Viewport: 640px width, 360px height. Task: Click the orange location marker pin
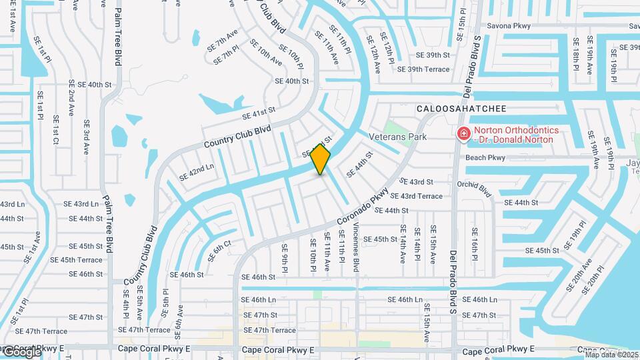click(320, 159)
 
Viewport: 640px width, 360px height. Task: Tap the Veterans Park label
click(397, 136)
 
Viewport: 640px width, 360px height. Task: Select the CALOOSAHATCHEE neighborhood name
click(462, 108)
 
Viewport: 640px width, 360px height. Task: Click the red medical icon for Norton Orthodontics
click(463, 135)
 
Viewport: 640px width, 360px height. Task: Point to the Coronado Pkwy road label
click(363, 207)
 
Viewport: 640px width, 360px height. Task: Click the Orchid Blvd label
click(474, 190)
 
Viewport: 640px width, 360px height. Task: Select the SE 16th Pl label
click(474, 244)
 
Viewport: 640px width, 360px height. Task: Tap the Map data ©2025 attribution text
click(612, 355)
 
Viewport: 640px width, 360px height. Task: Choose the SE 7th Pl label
click(226, 55)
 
